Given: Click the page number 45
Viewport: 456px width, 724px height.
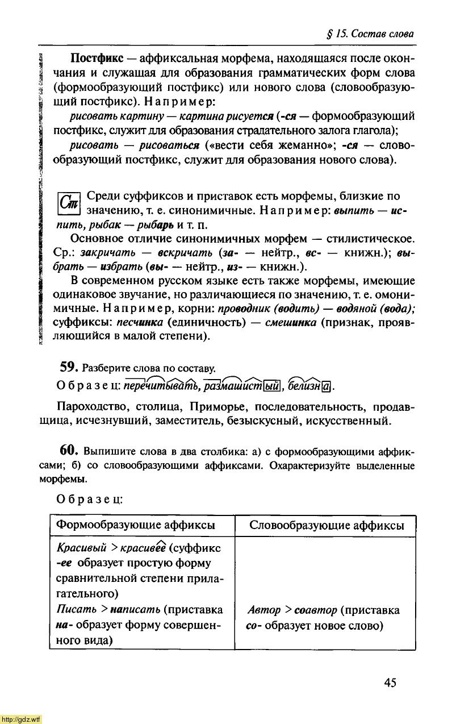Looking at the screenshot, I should click(x=390, y=683).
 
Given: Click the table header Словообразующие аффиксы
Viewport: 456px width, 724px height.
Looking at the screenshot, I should click(x=327, y=525).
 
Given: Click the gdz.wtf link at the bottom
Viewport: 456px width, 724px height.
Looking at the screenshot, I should click(x=21, y=719).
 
